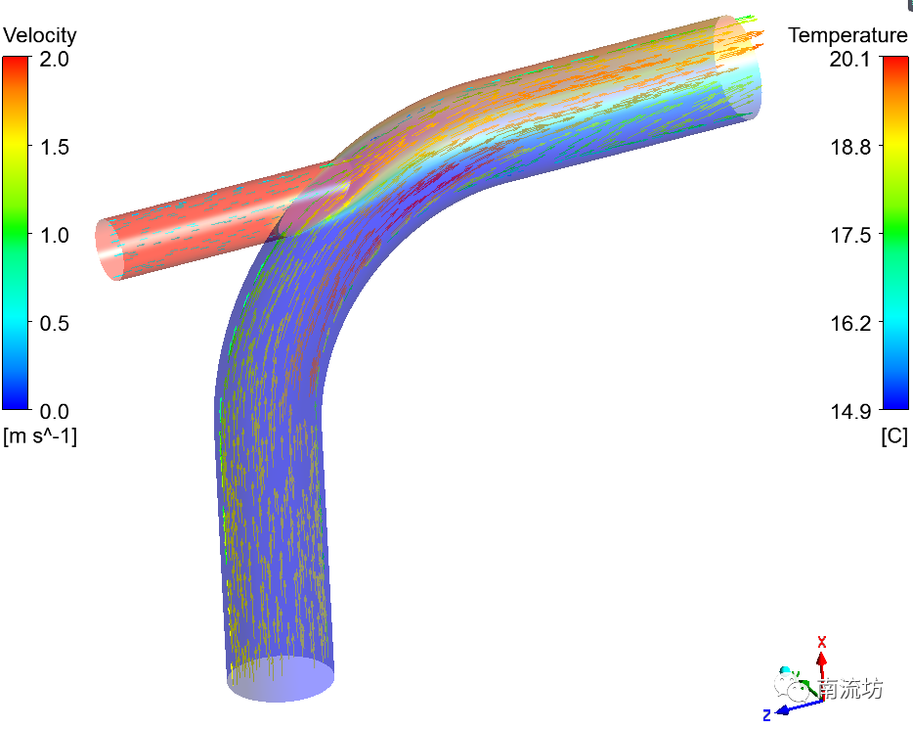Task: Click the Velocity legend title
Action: click(40, 35)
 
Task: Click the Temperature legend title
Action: click(848, 35)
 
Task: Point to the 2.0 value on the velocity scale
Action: click(54, 59)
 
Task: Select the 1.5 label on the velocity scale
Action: click(54, 147)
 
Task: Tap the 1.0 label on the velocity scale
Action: click(54, 236)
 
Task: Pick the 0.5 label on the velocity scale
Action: click(54, 324)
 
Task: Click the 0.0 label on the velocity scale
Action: click(54, 411)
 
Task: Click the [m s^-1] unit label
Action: click(40, 435)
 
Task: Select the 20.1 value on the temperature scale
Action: click(849, 59)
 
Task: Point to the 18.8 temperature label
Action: click(849, 147)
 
